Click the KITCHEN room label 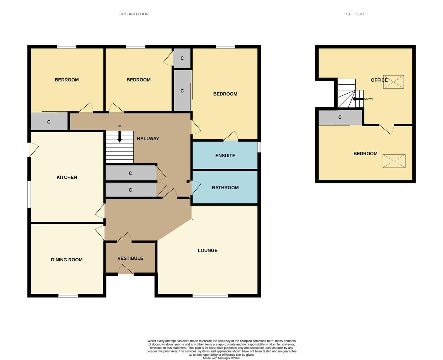67,177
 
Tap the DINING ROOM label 67,260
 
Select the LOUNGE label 207,250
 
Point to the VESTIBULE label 130,258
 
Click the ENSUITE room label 225,156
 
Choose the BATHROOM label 225,188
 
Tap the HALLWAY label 148,139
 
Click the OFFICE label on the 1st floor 379,80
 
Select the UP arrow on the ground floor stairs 119,137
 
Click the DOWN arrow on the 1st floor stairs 358,99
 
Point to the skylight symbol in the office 394,82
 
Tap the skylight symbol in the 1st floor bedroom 394,161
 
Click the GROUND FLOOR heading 134,14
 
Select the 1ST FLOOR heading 354,14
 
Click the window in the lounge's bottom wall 210,296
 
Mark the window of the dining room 68,296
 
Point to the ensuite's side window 259,147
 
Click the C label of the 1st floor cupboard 340,117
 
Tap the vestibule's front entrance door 126,270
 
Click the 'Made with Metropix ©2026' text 221,358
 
